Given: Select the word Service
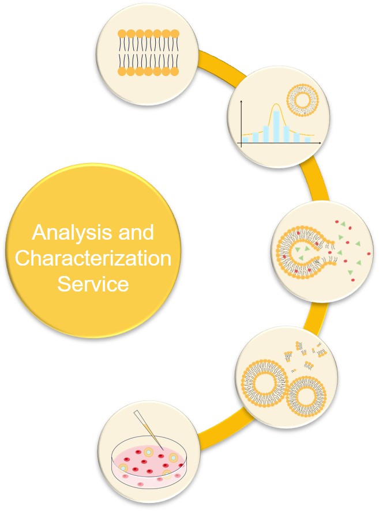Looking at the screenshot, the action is click(x=93, y=284).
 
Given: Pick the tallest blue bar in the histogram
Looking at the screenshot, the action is click(x=276, y=126).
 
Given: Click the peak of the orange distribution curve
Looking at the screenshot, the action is click(x=276, y=104).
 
